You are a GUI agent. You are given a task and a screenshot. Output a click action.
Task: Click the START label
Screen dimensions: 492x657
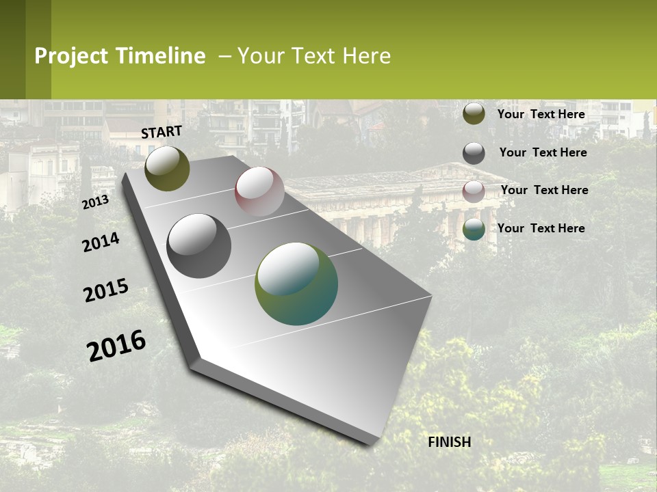click(162, 132)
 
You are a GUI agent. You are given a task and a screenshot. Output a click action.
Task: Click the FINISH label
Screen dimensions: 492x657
click(450, 442)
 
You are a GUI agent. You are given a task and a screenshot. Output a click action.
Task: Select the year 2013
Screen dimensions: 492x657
click(95, 202)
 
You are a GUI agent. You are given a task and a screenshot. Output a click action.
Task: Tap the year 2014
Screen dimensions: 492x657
click(101, 242)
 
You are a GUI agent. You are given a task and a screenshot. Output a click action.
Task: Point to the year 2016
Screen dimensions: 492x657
click(116, 346)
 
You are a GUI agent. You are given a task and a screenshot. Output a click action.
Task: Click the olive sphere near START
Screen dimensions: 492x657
click(167, 169)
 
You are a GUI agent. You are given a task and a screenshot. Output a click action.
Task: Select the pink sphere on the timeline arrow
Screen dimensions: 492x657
click(259, 191)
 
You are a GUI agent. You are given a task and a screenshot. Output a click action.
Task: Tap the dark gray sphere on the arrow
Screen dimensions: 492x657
click(198, 246)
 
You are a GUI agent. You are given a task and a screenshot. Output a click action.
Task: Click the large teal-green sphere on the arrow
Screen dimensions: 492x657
click(296, 284)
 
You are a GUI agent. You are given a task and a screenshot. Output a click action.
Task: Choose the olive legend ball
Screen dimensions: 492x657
click(474, 114)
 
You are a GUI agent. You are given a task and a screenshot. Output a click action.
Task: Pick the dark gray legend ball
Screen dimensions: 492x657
click(474, 153)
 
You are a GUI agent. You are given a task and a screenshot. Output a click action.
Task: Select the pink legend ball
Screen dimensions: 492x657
click(474, 191)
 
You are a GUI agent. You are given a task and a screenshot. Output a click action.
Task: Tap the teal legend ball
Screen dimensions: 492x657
click(474, 230)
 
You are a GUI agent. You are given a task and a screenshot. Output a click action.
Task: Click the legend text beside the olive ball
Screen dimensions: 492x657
click(541, 114)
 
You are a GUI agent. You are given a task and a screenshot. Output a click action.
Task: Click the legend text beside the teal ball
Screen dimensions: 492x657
click(541, 228)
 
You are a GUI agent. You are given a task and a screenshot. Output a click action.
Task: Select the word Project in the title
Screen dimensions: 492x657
click(72, 57)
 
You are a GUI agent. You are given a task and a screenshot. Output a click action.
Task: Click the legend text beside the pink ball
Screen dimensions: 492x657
click(544, 190)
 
